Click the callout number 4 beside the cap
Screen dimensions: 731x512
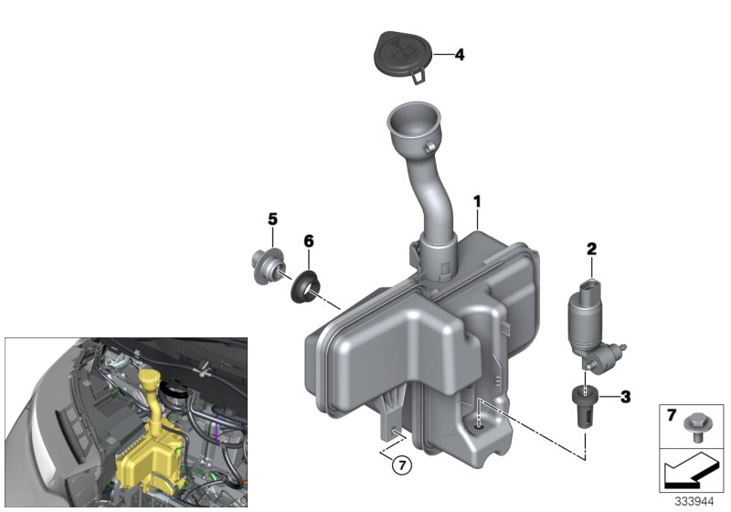point(460,55)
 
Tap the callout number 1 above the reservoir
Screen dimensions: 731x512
point(476,202)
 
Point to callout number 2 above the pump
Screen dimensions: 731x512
point(591,249)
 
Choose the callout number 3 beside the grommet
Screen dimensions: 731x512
point(625,397)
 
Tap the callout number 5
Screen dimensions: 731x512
point(272,219)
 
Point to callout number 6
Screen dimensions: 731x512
point(309,241)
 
